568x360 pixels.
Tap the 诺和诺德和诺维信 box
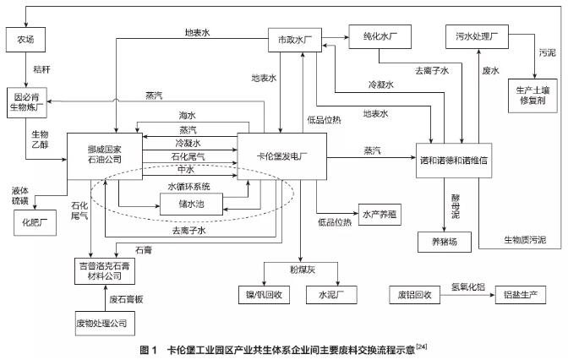click(461, 157)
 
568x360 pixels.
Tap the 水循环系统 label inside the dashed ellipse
click(188, 186)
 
